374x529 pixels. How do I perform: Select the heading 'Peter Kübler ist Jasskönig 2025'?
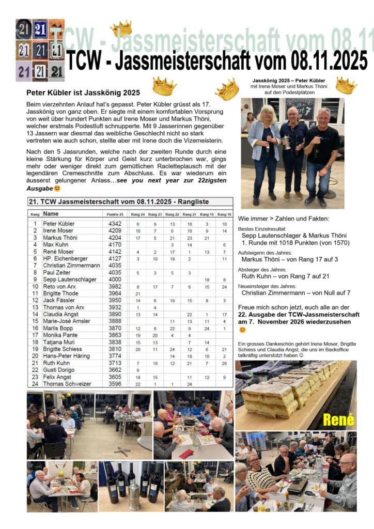coord(83,93)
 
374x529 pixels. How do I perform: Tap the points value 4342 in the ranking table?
coord(114,224)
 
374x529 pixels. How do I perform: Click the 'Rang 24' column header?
coord(138,214)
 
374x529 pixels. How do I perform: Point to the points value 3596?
coord(114,384)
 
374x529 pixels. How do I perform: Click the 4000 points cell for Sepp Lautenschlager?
coord(114,279)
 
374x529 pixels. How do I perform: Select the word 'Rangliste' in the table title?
coord(192,201)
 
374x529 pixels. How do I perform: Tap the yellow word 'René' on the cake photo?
coord(338,419)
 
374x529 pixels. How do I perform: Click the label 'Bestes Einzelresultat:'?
coord(262,228)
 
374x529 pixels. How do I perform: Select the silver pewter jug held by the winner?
coord(288,143)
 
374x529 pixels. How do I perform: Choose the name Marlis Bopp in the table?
coord(57,328)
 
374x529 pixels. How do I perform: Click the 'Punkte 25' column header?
coord(115,214)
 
